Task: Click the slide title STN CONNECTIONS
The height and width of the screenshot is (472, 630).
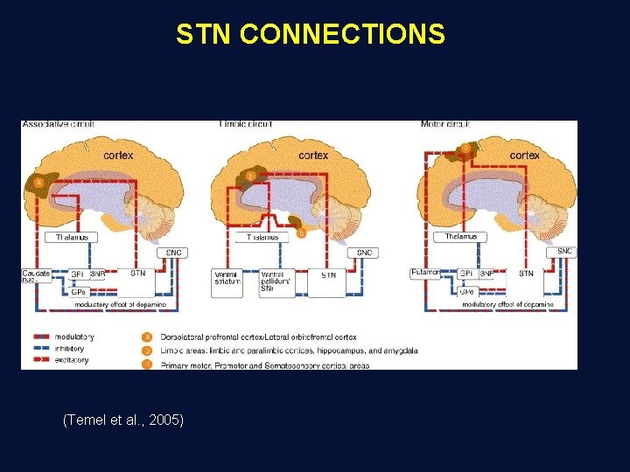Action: (311, 34)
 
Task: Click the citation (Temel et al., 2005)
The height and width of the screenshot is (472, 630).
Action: (123, 420)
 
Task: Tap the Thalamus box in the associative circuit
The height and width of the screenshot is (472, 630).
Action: (72, 237)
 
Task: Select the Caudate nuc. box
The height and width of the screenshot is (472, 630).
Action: (35, 277)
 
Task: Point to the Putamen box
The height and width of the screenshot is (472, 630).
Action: (425, 274)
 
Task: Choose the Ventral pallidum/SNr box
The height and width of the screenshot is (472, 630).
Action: (277, 278)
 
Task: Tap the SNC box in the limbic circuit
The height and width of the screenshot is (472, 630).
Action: (364, 253)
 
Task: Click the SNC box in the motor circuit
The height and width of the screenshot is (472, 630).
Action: (565, 252)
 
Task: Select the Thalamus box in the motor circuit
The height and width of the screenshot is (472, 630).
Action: (460, 237)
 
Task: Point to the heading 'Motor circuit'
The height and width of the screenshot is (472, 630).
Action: (445, 124)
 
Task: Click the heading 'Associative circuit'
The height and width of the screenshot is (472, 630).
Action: (58, 124)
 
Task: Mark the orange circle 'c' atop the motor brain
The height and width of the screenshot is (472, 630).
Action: (465, 149)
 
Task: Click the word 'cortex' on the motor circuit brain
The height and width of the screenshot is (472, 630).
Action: (524, 155)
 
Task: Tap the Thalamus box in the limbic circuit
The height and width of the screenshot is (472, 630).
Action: (263, 237)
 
